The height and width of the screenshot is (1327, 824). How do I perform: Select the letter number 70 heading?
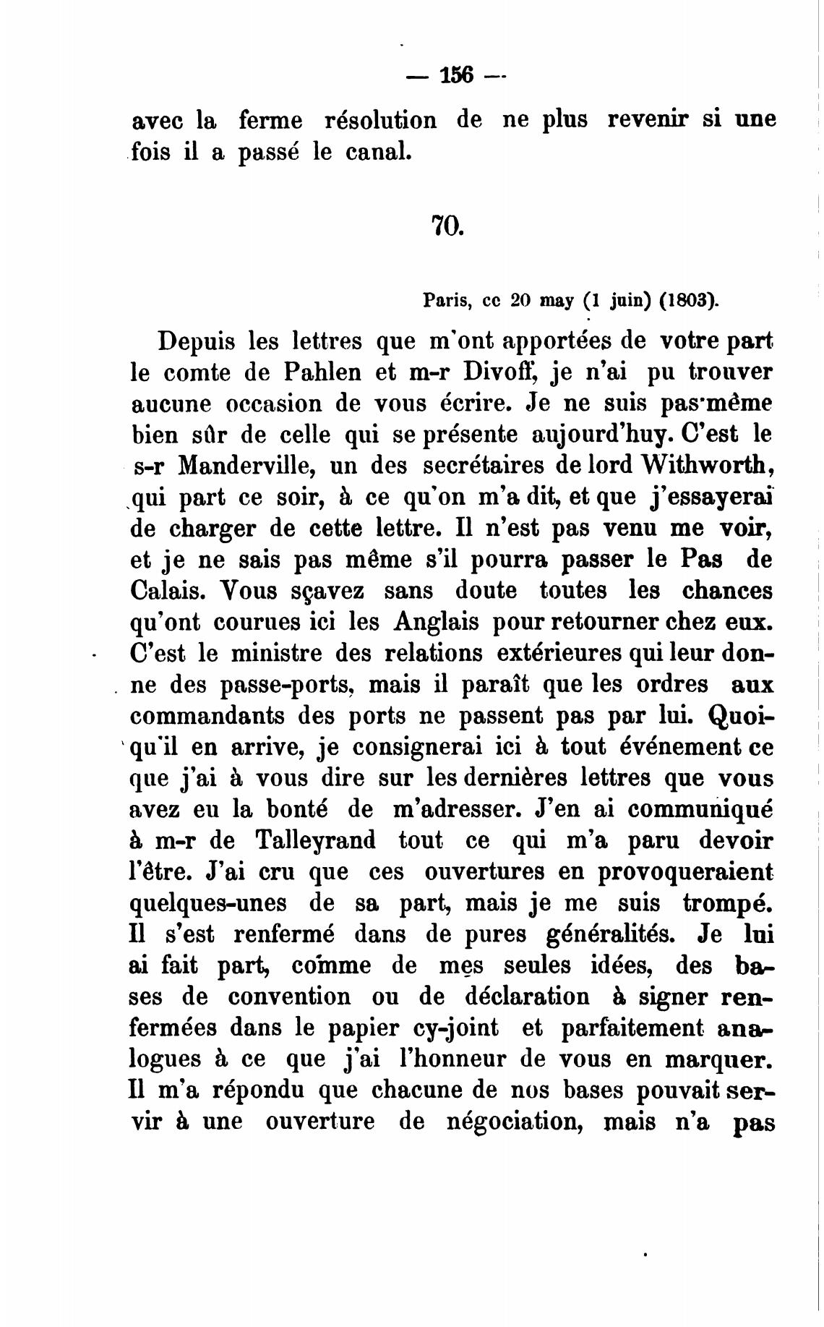point(446,226)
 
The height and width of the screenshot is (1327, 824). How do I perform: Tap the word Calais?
point(167,591)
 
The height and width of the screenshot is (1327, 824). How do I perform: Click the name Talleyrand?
point(315,841)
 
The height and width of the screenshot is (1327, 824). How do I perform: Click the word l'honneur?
point(454,1059)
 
